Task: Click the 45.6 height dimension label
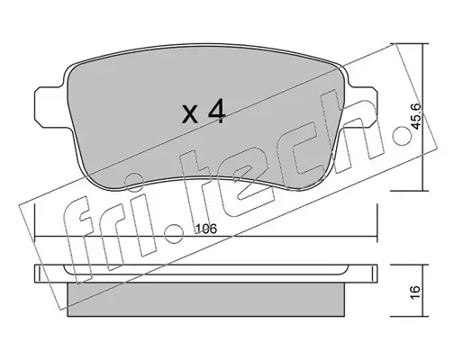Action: [x=415, y=116]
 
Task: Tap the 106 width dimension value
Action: [x=206, y=229]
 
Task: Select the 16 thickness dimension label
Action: [x=415, y=292]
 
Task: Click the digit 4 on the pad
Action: [x=216, y=112]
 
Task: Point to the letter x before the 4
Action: [x=190, y=115]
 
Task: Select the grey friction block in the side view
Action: [x=206, y=299]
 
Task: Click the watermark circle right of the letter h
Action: [x=403, y=136]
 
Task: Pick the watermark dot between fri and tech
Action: [x=174, y=233]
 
